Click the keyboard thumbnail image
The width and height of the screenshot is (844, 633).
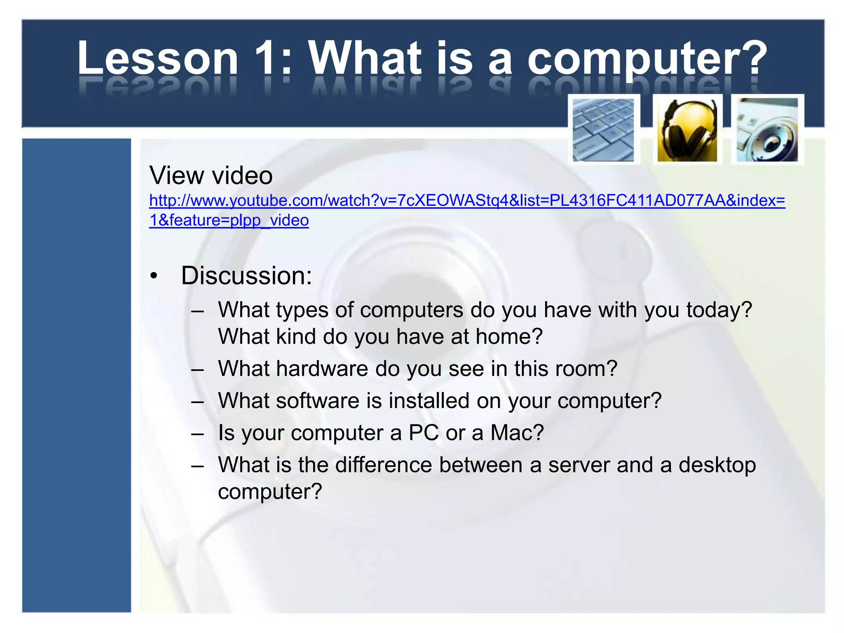(x=604, y=129)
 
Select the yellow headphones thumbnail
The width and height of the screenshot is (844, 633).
(x=687, y=129)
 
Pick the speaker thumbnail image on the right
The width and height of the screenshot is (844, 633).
(x=767, y=129)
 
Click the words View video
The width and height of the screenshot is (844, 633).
(x=211, y=176)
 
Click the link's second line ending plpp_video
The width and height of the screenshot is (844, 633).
(x=229, y=220)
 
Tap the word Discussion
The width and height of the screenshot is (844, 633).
(x=246, y=275)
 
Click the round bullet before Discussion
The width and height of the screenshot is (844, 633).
(x=154, y=277)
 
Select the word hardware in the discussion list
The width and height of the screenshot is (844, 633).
(x=322, y=368)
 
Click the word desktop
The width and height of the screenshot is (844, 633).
(x=717, y=465)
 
